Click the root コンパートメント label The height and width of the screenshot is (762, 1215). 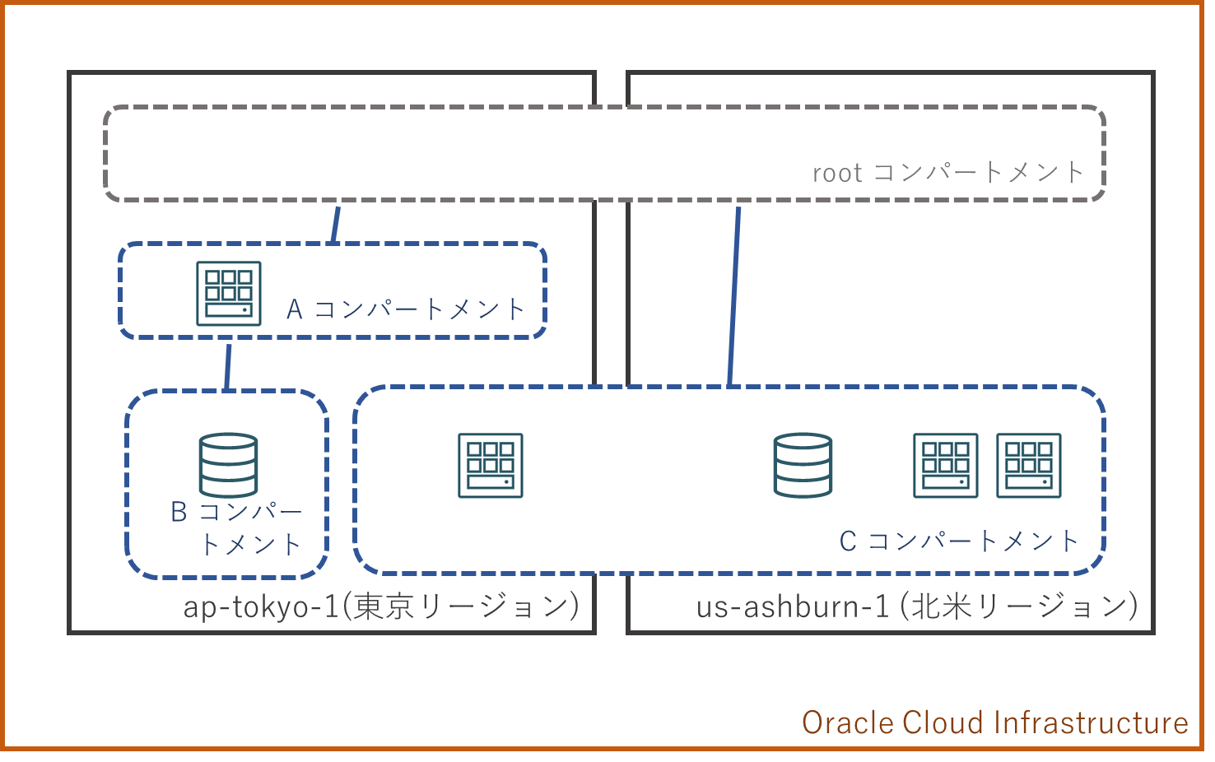pyautogui.click(x=947, y=173)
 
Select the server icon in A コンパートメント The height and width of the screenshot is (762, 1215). pyautogui.click(x=229, y=294)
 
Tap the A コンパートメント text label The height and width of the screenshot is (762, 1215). pyautogui.click(x=405, y=309)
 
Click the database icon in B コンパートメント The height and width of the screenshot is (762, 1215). pyautogui.click(x=228, y=465)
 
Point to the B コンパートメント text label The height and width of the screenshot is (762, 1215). pyautogui.click(x=236, y=527)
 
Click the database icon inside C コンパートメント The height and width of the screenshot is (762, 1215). pyautogui.click(x=803, y=465)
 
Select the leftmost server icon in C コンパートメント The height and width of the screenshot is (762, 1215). pyautogui.click(x=491, y=466)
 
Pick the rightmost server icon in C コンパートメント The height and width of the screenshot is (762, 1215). pyautogui.click(x=1029, y=466)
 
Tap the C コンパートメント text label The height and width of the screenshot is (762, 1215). pyautogui.click(x=959, y=541)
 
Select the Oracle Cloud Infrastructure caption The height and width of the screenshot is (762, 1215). pyautogui.click(x=994, y=723)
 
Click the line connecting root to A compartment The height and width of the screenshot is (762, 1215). pyautogui.click(x=335, y=223)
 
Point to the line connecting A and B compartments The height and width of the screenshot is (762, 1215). pyautogui.click(x=228, y=366)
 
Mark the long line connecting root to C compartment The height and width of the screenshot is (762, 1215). pyautogui.click(x=733, y=296)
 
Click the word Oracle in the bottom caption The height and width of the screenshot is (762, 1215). pyautogui.click(x=848, y=723)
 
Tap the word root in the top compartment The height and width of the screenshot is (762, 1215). pyautogui.click(x=836, y=174)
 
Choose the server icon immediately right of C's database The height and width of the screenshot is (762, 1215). pyautogui.click(x=946, y=466)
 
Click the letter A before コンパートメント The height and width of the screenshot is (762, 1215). pyautogui.click(x=295, y=309)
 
